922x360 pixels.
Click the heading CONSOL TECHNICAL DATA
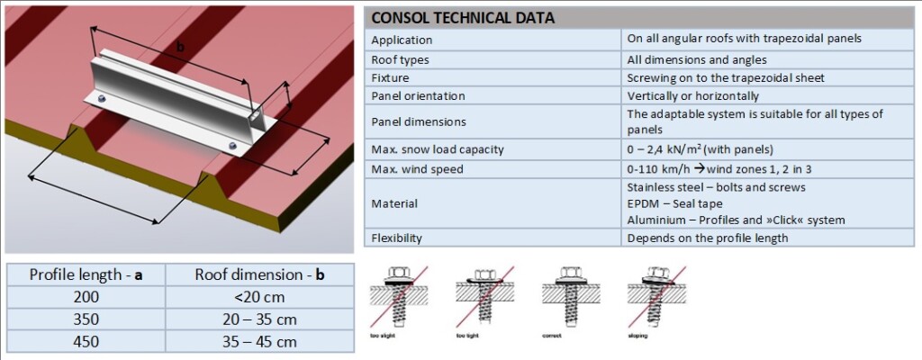click(463, 17)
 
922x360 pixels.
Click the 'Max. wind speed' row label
click(417, 169)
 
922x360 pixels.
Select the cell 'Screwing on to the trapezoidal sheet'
click(726, 77)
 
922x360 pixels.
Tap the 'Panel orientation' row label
click(418, 95)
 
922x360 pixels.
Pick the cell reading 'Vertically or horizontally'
click(693, 95)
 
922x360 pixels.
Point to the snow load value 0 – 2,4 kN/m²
click(699, 148)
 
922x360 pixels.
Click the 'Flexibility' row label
click(396, 238)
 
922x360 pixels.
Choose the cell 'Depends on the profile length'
click(708, 238)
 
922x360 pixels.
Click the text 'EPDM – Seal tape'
click(673, 203)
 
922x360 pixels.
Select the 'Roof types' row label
click(400, 59)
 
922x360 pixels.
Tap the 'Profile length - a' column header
click(87, 274)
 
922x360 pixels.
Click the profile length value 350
click(87, 319)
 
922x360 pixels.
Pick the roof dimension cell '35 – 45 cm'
click(259, 341)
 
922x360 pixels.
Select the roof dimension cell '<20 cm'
click(259, 296)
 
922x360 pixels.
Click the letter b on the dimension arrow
click(180, 46)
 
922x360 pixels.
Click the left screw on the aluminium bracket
click(102, 98)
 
